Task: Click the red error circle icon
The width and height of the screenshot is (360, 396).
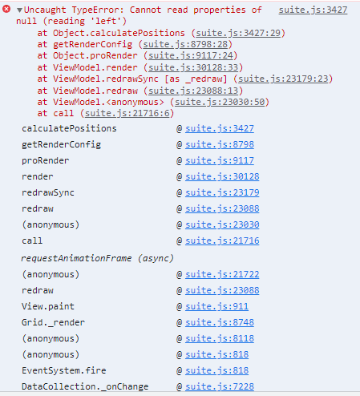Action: pos(6,10)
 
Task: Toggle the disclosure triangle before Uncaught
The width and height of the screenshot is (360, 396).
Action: pos(19,10)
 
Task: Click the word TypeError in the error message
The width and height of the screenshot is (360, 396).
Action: pos(98,10)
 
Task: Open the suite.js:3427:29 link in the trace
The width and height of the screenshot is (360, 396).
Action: pos(238,33)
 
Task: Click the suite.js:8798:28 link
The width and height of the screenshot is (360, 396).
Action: pos(185,44)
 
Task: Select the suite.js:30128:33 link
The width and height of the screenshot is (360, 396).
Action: pos(193,67)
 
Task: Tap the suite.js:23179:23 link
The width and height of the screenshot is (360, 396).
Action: pos(283,79)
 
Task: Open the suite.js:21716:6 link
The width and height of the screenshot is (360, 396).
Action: pos(127,113)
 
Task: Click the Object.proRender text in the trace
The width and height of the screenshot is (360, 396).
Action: pos(95,55)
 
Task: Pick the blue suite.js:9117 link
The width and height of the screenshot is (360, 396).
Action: pos(220,160)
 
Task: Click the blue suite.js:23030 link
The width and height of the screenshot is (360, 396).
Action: pos(222,224)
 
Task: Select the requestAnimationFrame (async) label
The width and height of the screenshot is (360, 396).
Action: pos(98,258)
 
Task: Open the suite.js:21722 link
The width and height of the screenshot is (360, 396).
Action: pos(222,274)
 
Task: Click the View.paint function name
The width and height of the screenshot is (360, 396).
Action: pos(48,306)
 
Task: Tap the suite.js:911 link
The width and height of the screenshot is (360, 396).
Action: pos(217,306)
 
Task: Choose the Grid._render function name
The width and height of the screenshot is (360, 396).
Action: pos(53,322)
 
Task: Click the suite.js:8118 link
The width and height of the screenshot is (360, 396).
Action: pos(220,338)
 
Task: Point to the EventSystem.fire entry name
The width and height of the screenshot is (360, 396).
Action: pos(64,370)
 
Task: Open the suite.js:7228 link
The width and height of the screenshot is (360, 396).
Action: pos(220,386)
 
